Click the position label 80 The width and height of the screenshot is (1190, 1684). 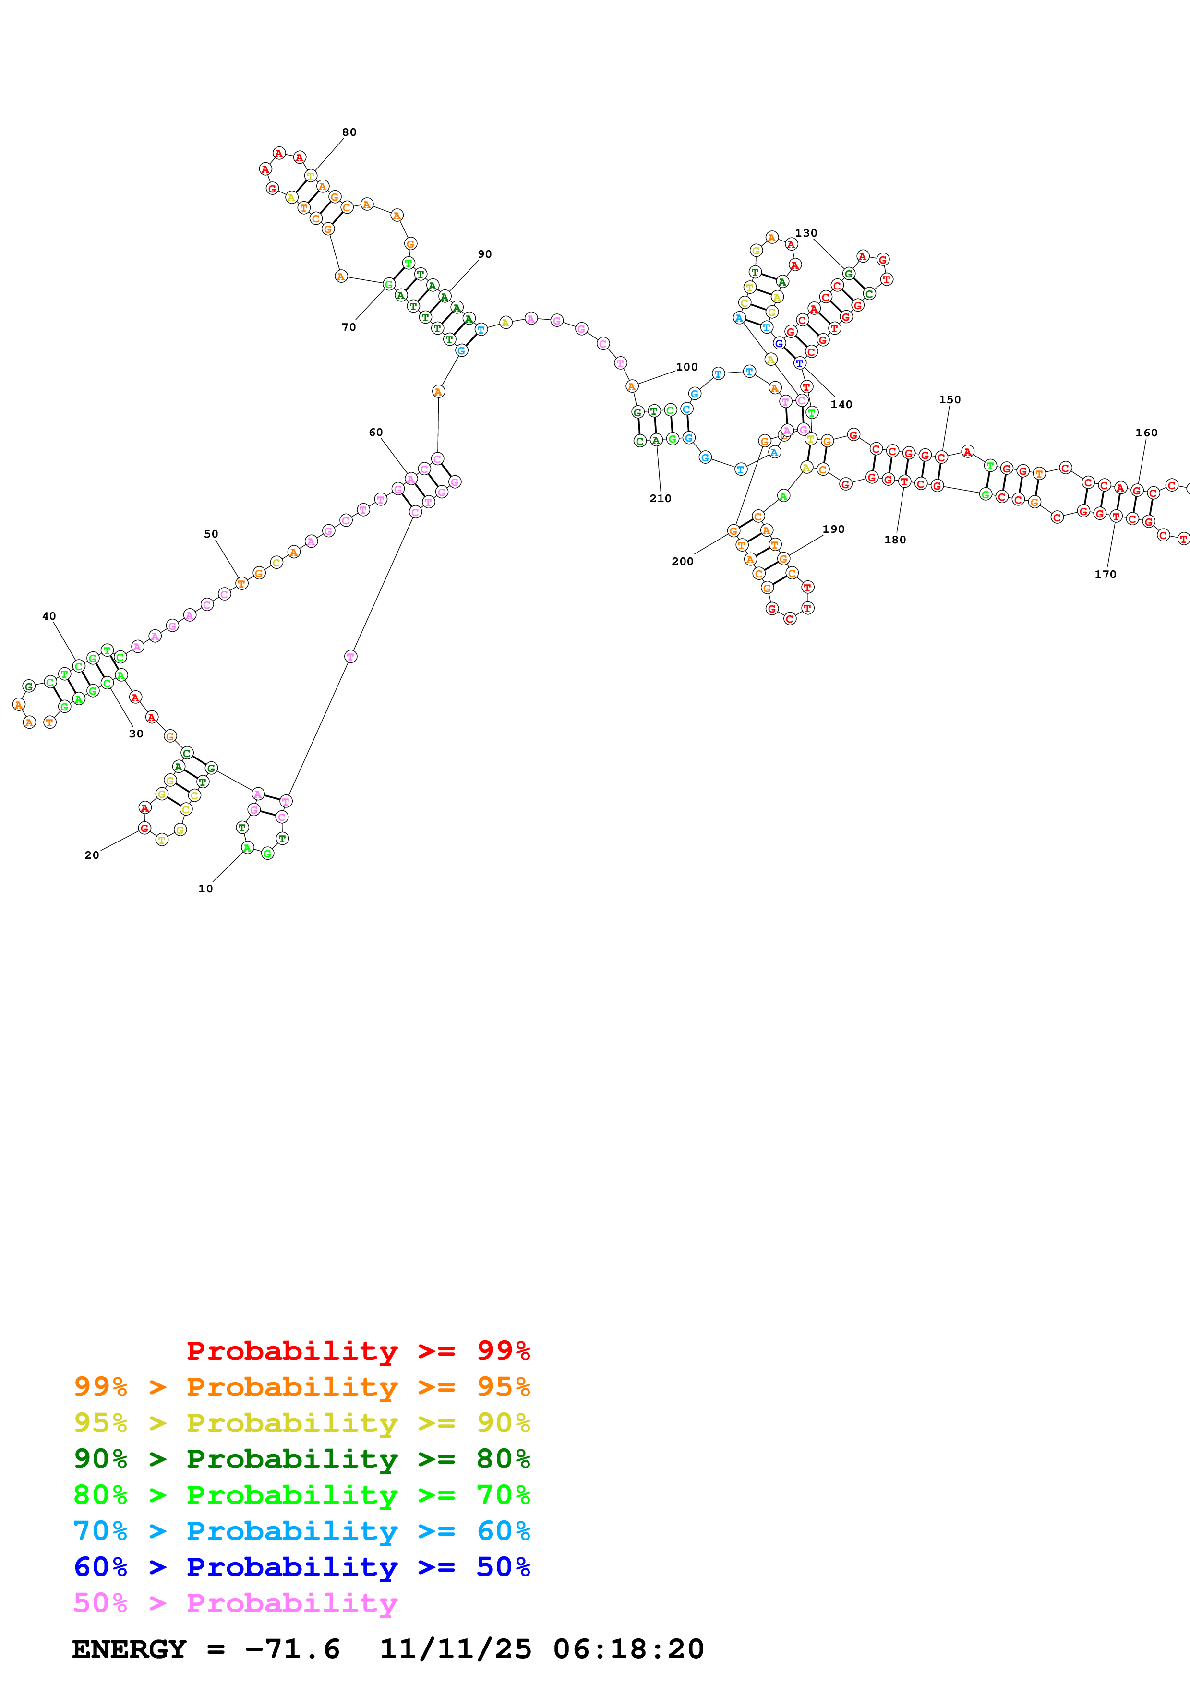tap(349, 132)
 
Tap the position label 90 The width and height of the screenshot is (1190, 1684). tap(485, 254)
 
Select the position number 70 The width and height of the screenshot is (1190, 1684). tap(349, 327)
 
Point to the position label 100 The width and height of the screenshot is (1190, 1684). tap(687, 367)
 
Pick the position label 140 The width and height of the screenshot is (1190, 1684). tap(841, 404)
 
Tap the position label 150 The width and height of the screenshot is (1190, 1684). tap(950, 400)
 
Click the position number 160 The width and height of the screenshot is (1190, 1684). tap(1146, 433)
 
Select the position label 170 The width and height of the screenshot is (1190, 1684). tap(1105, 574)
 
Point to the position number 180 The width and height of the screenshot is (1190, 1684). tap(894, 540)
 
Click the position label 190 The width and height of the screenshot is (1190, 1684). tap(833, 529)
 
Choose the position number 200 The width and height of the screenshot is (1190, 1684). tap(682, 561)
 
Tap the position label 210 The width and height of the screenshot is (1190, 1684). tap(660, 498)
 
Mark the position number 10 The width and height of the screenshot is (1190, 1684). tap(205, 888)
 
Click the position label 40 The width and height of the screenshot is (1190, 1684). tap(49, 616)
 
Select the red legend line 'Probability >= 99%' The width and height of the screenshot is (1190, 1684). tap(358, 1351)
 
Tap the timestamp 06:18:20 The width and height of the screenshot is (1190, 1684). tap(628, 1649)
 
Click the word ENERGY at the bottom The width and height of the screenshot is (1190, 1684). tap(129, 1649)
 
